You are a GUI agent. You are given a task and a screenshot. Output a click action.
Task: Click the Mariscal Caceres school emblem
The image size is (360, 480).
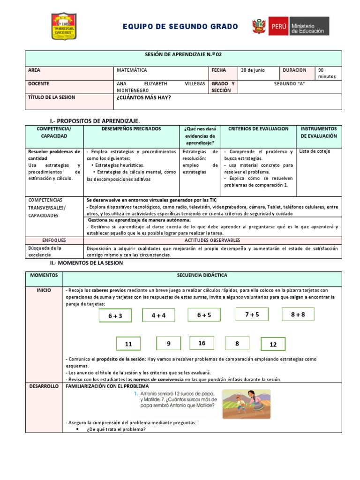click(63, 26)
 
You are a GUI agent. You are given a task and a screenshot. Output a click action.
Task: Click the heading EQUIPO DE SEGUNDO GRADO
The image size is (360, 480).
click(180, 27)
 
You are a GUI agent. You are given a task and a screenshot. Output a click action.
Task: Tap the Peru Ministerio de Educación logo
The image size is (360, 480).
click(290, 26)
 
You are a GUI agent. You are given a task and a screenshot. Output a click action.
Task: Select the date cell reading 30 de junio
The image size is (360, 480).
click(253, 70)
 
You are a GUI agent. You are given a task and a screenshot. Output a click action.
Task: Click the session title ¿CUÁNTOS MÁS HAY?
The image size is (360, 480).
click(142, 97)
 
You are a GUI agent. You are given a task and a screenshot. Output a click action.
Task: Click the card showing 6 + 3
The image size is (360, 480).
click(115, 316)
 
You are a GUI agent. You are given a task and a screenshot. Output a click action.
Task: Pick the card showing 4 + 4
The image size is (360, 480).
click(158, 315)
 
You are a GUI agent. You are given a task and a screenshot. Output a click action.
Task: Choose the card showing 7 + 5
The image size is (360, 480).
click(252, 315)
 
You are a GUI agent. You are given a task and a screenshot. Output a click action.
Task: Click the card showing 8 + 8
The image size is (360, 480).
click(298, 315)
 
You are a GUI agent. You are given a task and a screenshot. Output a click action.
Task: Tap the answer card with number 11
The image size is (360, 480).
click(128, 344)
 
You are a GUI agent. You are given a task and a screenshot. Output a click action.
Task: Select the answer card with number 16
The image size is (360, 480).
click(202, 343)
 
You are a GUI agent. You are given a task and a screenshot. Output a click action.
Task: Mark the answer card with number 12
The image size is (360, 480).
click(273, 344)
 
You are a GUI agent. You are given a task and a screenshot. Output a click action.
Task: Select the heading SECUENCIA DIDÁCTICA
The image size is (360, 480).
click(202, 275)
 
